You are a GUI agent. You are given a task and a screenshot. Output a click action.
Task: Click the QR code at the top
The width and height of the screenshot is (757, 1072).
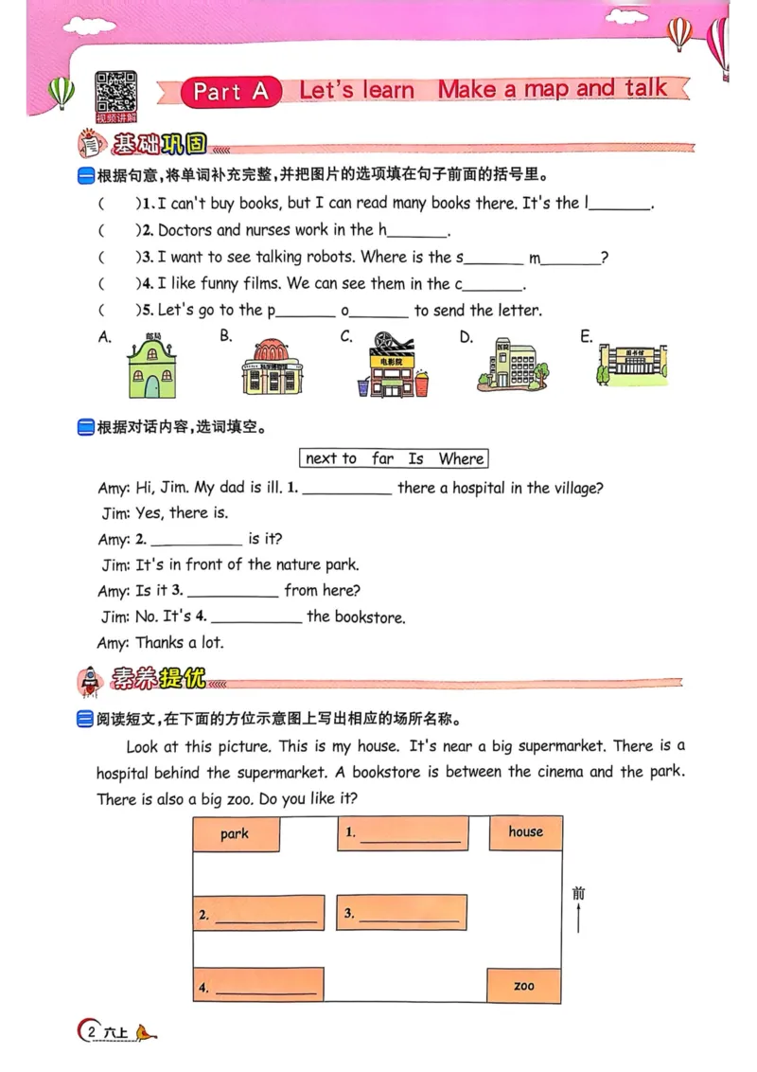pyautogui.click(x=115, y=94)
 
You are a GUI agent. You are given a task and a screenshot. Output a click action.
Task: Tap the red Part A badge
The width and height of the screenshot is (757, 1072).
pyautogui.click(x=231, y=91)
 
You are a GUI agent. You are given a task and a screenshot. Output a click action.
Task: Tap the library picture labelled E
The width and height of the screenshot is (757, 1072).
pyautogui.click(x=632, y=363)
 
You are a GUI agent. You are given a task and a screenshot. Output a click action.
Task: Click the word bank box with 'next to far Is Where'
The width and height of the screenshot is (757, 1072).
pyautogui.click(x=394, y=458)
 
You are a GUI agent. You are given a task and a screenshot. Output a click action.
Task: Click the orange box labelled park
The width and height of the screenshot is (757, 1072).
pyautogui.click(x=236, y=834)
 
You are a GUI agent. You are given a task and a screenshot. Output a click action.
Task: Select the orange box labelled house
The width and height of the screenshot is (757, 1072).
pyautogui.click(x=525, y=832)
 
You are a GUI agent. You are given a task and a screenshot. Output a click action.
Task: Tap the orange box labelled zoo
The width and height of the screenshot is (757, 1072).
pyautogui.click(x=523, y=986)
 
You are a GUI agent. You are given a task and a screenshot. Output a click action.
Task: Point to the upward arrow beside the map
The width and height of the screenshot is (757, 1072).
pyautogui.click(x=578, y=917)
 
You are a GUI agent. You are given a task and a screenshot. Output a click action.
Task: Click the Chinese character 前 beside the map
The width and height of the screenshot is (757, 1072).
pyautogui.click(x=578, y=892)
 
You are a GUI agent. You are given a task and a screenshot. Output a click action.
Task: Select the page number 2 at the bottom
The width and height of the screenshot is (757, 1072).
pyautogui.click(x=91, y=1031)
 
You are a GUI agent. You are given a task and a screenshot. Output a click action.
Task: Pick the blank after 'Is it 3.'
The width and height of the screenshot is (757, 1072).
pyautogui.click(x=233, y=591)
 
